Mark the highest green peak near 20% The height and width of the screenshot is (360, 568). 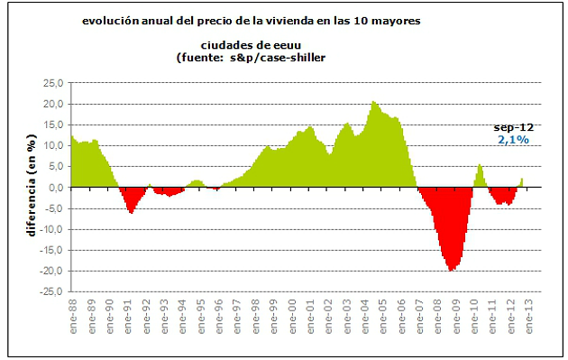click(373, 103)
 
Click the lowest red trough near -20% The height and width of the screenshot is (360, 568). click(451, 269)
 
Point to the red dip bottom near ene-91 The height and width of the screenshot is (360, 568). click(132, 212)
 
